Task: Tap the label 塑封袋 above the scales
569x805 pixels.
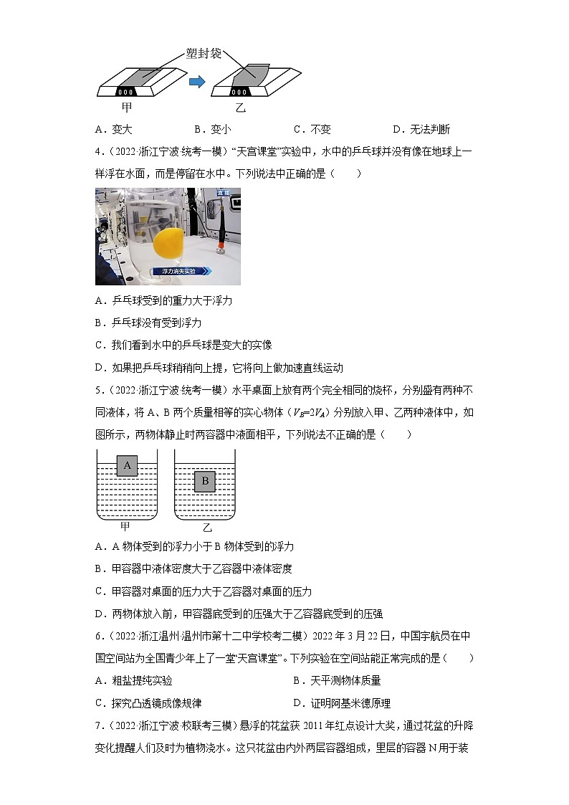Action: tap(204, 54)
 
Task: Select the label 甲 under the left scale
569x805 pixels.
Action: tap(126, 108)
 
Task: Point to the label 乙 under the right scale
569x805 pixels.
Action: tap(241, 109)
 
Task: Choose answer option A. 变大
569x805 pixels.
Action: tap(114, 130)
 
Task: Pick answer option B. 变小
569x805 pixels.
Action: tap(212, 130)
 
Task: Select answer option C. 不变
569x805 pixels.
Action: tap(312, 130)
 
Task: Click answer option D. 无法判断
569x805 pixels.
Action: tap(421, 130)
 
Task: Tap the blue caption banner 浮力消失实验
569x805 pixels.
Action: tap(181, 272)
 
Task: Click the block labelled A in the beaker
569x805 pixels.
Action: tap(127, 466)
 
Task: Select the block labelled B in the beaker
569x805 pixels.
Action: tap(205, 481)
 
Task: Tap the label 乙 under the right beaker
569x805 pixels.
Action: tap(207, 528)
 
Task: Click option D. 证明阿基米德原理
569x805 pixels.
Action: tap(342, 703)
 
